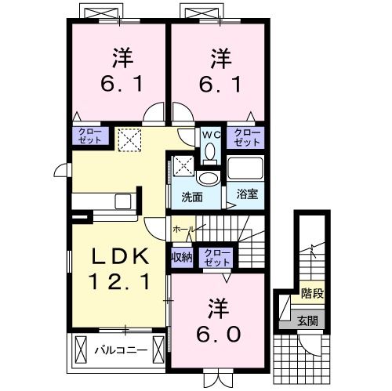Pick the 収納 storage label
tap(180, 256)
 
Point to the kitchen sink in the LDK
tap(123, 201)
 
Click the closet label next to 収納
tap(214, 256)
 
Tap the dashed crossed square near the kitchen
tap(128, 140)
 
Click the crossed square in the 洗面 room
tap(183, 165)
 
